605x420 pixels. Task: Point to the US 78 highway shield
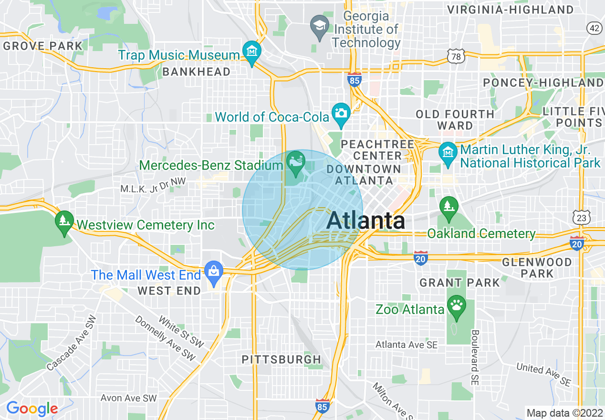point(456,57)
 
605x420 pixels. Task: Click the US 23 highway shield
point(582,218)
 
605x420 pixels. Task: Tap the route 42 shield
point(594,29)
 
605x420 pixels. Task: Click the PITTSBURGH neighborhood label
point(282,359)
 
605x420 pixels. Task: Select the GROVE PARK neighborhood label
point(43,46)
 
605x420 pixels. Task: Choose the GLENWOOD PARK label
point(537,268)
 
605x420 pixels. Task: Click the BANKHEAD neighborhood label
point(196,72)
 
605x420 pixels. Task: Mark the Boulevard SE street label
point(475,357)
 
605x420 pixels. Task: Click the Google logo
point(32,409)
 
